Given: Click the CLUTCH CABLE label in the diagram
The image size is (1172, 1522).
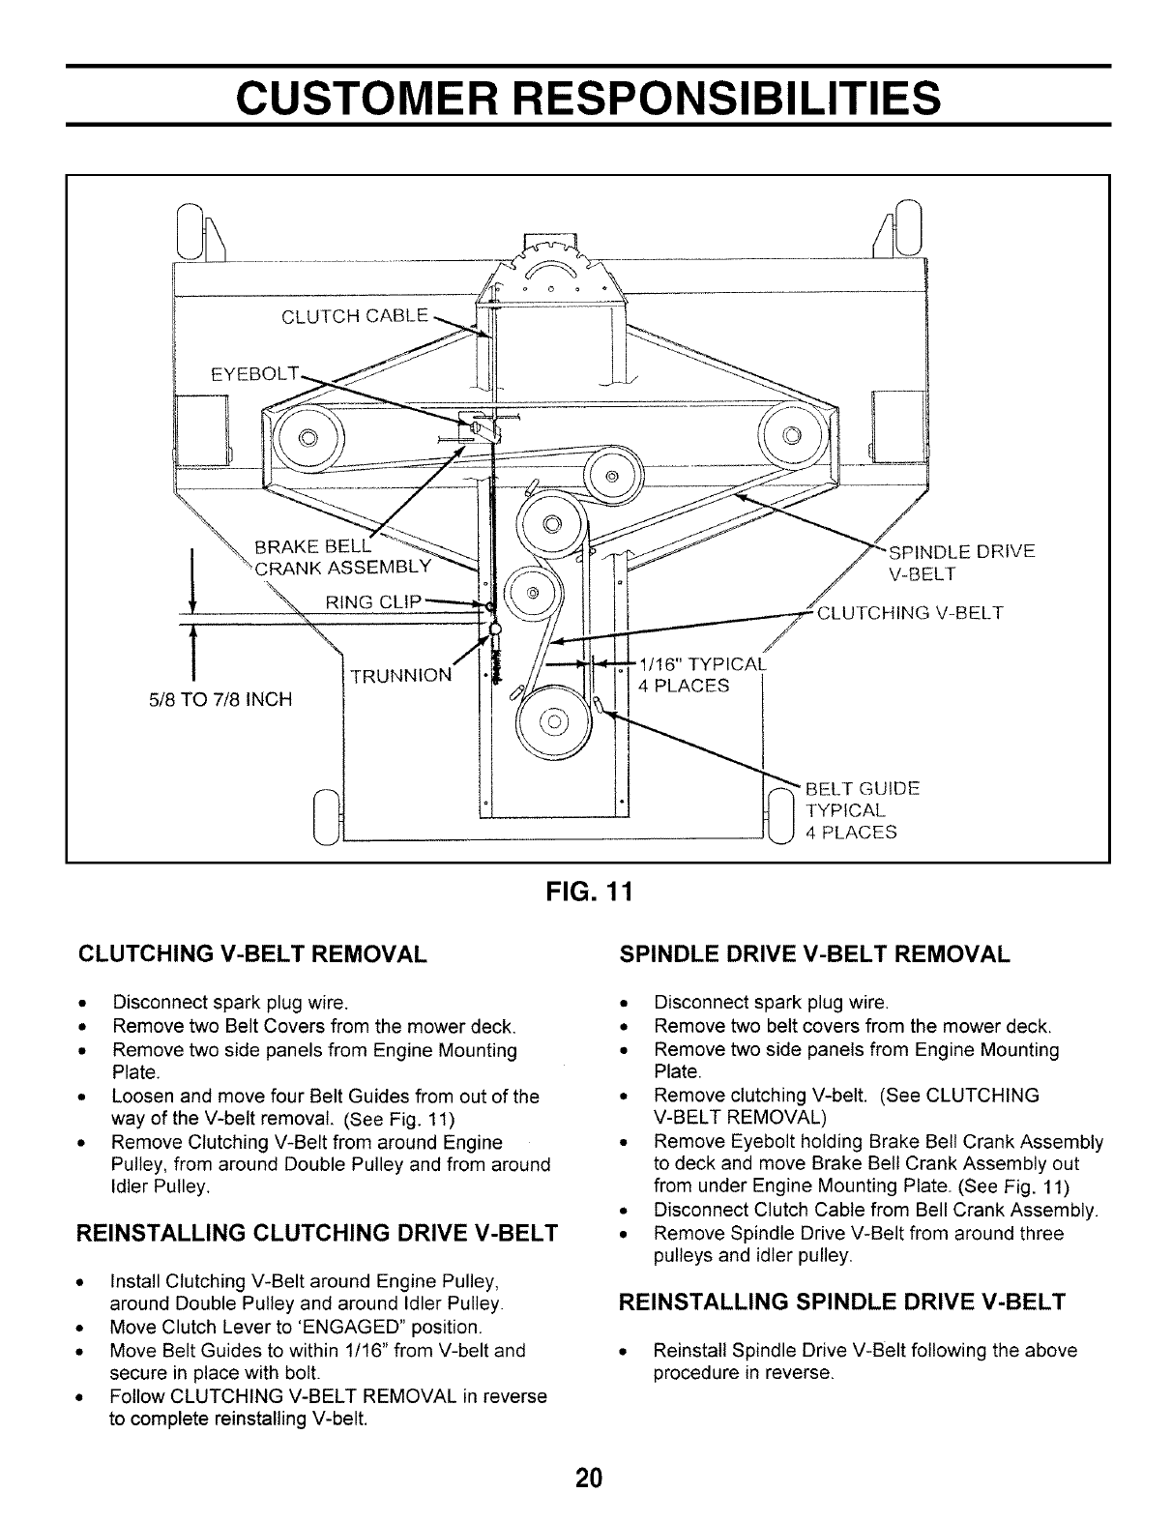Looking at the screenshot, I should click(354, 315).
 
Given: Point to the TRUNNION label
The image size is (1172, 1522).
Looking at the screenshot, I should click(400, 675).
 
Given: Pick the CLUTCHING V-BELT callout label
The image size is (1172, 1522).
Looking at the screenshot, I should click(910, 612).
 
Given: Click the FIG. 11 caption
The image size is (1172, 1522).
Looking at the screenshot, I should click(586, 890).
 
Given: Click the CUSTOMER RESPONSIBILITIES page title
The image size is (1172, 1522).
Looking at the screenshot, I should click(588, 97).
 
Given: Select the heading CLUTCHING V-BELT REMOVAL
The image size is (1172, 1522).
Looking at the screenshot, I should click(251, 954).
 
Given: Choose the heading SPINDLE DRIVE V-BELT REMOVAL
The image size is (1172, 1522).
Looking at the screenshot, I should click(814, 954).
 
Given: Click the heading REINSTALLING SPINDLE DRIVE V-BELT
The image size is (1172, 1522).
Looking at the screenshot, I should click(841, 1302).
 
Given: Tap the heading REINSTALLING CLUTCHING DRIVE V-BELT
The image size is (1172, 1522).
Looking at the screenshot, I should click(317, 1232).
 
